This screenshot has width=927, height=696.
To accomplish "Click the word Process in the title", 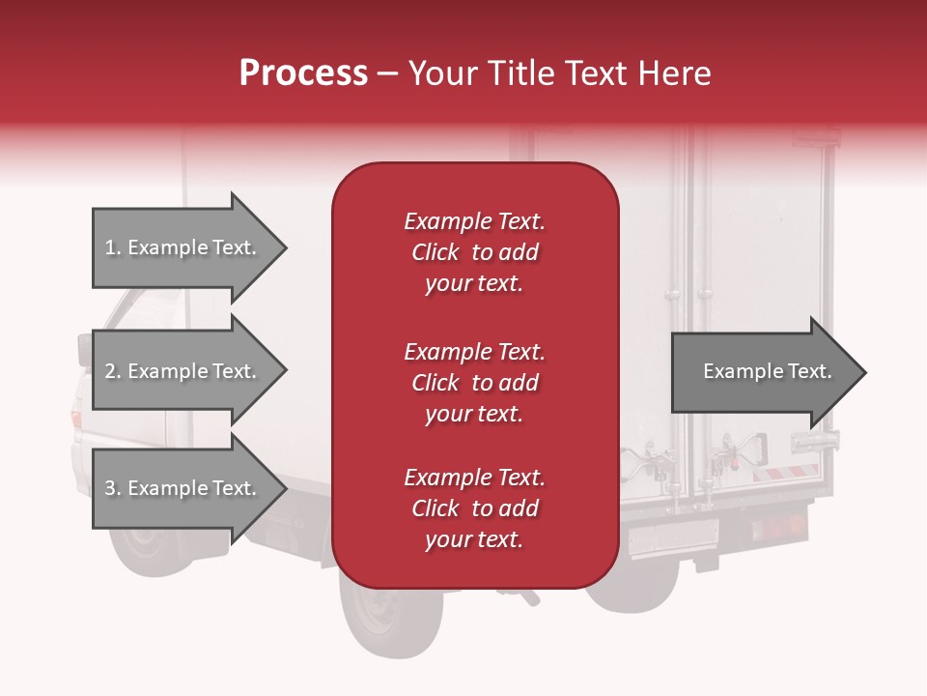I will pos(303,73).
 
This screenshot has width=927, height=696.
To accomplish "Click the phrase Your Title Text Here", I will pos(560,73).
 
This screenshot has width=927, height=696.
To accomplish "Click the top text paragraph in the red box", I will pos(474,252).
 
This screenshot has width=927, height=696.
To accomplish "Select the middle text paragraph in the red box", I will pos(474,382).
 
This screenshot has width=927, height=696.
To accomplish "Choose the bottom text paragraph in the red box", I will pos(474,508).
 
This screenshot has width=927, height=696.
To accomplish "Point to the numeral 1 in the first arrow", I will pos(110,247).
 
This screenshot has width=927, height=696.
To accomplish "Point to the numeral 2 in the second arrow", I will pos(110,371).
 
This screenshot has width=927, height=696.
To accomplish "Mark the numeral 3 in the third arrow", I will pos(110,488).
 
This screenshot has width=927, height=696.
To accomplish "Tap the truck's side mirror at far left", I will pos(85,350).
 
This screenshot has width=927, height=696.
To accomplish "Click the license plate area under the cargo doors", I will pos(673,536).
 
